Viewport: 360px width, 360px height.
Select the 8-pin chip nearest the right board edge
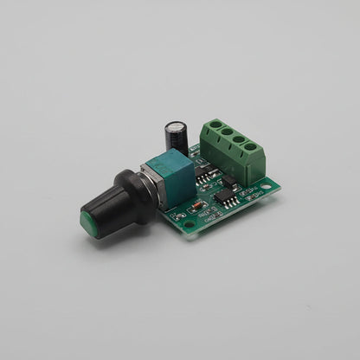pyautogui.click(x=227, y=198)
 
